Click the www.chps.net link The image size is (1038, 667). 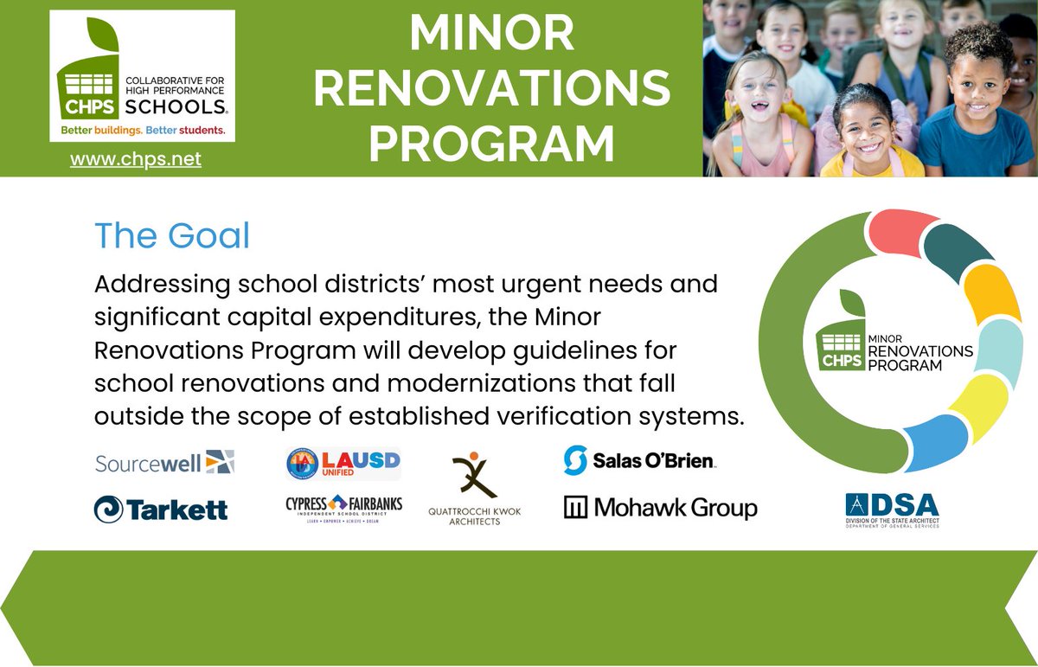tap(135, 160)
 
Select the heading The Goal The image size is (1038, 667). tap(171, 236)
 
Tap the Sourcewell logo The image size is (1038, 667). tap(163, 462)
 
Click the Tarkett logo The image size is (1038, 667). tap(161, 509)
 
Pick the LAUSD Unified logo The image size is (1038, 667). tap(343, 463)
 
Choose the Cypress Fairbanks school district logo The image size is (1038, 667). tap(343, 508)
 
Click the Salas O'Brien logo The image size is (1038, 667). tap(639, 460)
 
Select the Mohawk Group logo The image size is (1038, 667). tap(660, 508)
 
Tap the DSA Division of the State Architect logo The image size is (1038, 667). tap(892, 510)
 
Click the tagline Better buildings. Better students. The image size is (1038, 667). tap(142, 130)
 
